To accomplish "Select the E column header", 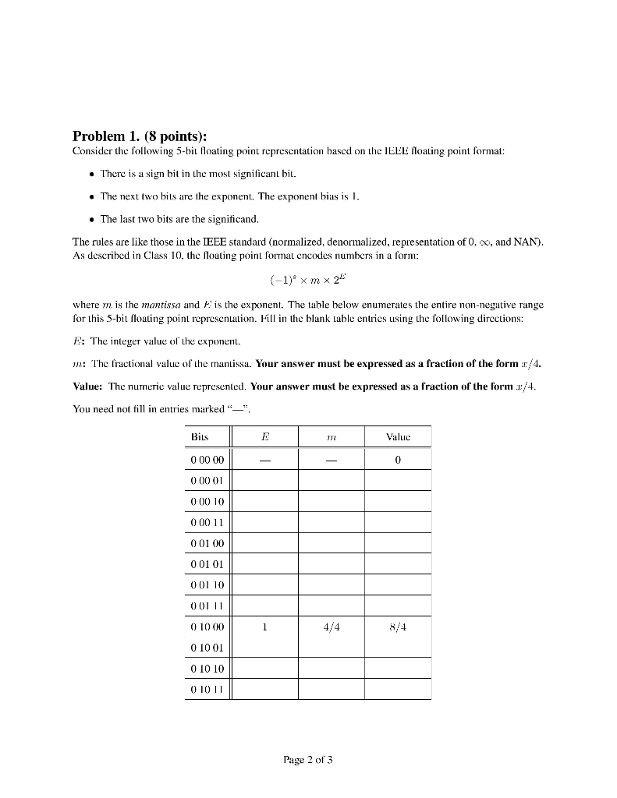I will pyautogui.click(x=265, y=438).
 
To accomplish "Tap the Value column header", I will pyautogui.click(x=398, y=438).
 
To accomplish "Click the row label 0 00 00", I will pyautogui.click(x=207, y=460).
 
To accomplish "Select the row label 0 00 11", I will pyautogui.click(x=207, y=522).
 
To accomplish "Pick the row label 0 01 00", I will pyautogui.click(x=207, y=543).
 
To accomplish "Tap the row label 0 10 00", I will pyautogui.click(x=207, y=627).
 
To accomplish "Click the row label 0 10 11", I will pyautogui.click(x=207, y=689).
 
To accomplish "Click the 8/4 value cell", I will pyautogui.click(x=398, y=627).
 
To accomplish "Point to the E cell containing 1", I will pyautogui.click(x=265, y=627).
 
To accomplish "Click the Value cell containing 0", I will pyautogui.click(x=398, y=460).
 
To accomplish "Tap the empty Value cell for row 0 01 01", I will pyautogui.click(x=398, y=563).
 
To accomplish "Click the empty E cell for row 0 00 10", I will pyautogui.click(x=265, y=501).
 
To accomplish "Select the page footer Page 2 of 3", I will pyautogui.click(x=308, y=760).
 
